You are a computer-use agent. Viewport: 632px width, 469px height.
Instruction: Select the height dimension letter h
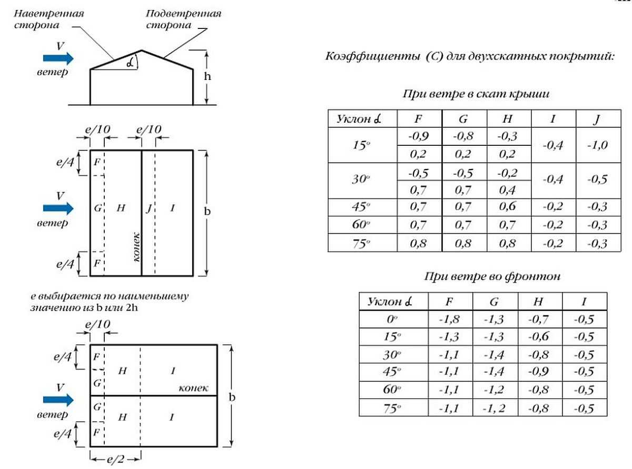tap(208, 76)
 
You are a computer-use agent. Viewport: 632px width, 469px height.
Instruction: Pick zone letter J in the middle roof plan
tap(149, 208)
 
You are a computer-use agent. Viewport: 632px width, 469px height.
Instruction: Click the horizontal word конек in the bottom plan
tap(194, 388)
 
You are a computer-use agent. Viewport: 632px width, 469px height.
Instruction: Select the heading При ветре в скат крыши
tap(477, 95)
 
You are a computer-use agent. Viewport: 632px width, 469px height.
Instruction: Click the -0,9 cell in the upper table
tap(419, 137)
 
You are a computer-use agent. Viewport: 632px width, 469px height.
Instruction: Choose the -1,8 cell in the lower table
tap(450, 318)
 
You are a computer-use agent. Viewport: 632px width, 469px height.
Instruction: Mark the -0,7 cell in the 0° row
tap(539, 318)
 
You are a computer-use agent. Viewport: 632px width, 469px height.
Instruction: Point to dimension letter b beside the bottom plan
tap(231, 396)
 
